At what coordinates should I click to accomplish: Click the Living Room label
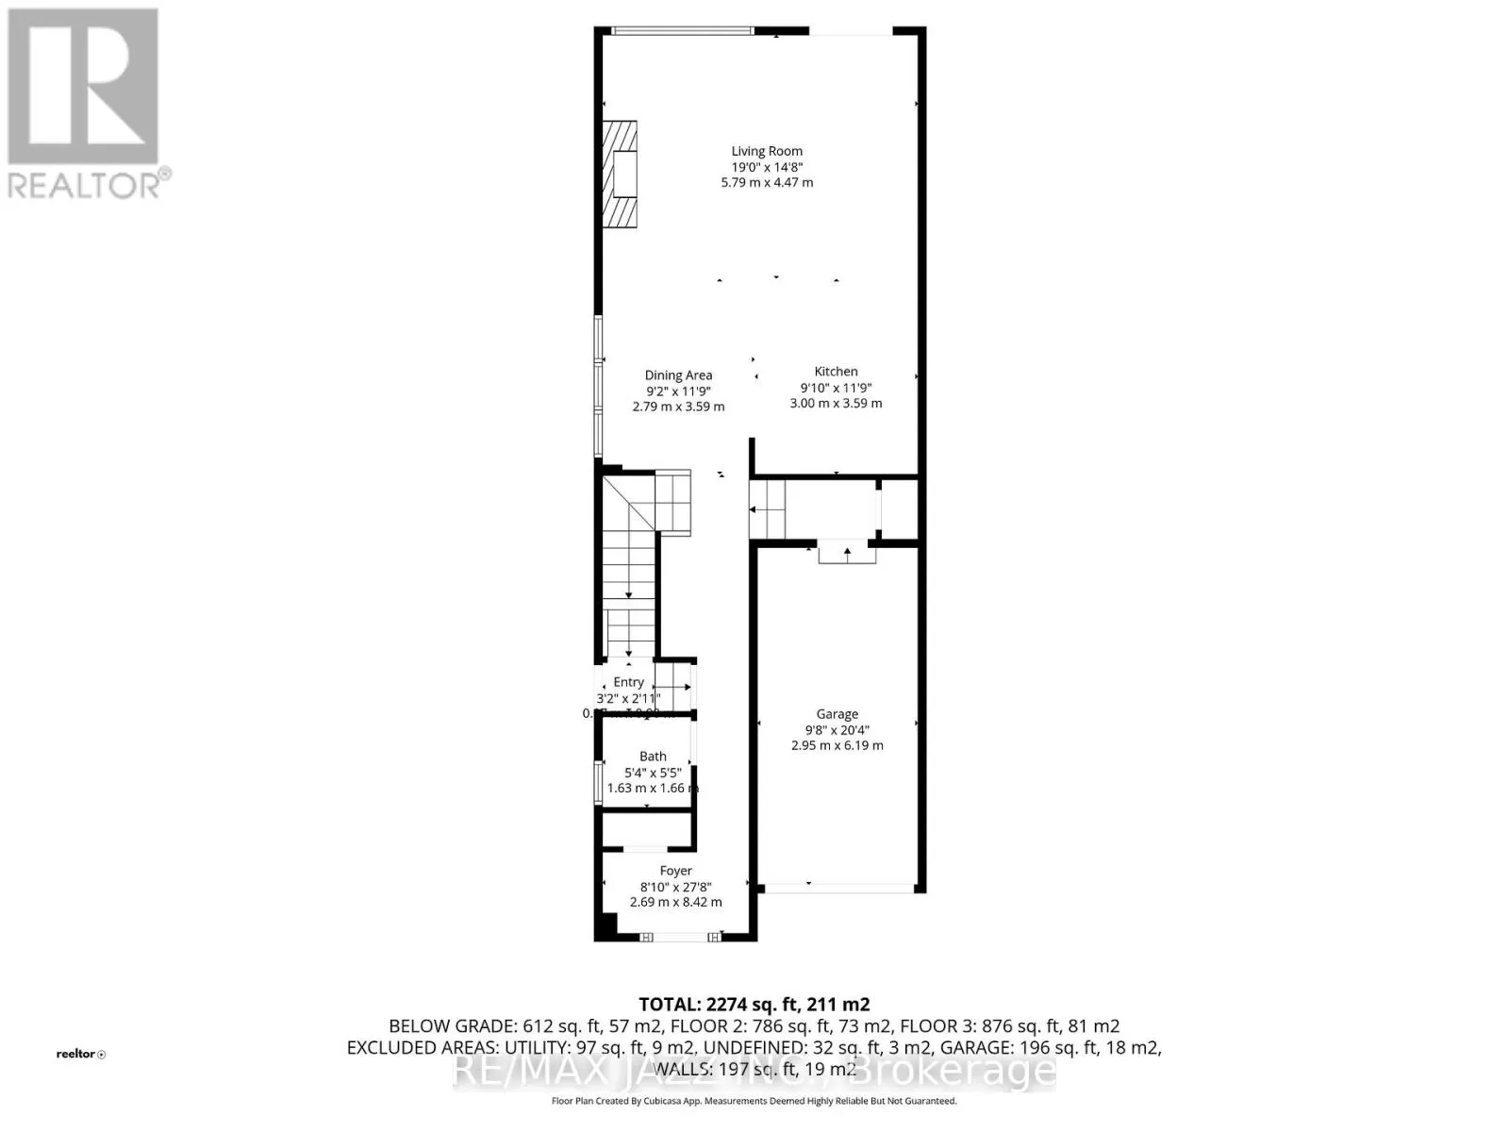point(767,151)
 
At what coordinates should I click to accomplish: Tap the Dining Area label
point(678,375)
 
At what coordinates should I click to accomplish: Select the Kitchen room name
point(836,372)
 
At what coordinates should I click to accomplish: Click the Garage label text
point(837,714)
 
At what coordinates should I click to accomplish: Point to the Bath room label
point(653,757)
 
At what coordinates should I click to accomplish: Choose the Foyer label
point(675,871)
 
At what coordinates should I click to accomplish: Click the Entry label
point(628,682)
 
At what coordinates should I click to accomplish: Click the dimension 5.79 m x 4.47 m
point(767,182)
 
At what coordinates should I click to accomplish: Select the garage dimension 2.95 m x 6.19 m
point(837,745)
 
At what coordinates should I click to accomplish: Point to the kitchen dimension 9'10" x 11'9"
point(836,388)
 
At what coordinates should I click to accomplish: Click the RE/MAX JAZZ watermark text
point(754,1071)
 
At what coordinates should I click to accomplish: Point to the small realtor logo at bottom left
point(81,1054)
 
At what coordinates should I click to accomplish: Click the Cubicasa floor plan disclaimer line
point(754,1101)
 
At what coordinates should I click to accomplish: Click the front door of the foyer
point(680,937)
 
